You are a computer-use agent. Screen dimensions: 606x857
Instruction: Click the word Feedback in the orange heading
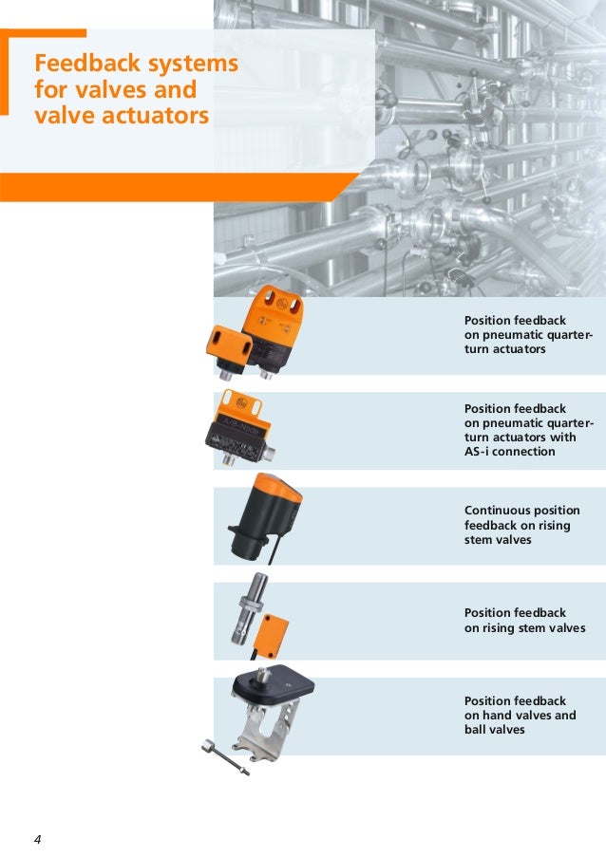click(87, 63)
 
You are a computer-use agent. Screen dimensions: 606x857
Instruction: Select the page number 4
click(37, 840)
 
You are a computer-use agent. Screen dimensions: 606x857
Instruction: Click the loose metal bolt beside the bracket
click(225, 756)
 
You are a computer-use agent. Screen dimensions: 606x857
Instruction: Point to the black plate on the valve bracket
click(273, 685)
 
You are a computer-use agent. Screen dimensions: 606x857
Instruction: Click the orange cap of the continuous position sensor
click(278, 487)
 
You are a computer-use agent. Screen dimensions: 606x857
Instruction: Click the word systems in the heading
click(194, 64)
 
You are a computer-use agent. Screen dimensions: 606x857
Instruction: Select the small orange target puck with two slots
click(229, 344)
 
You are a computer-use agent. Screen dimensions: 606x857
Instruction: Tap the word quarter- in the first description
click(565, 335)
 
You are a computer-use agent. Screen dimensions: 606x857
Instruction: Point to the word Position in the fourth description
click(486, 613)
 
